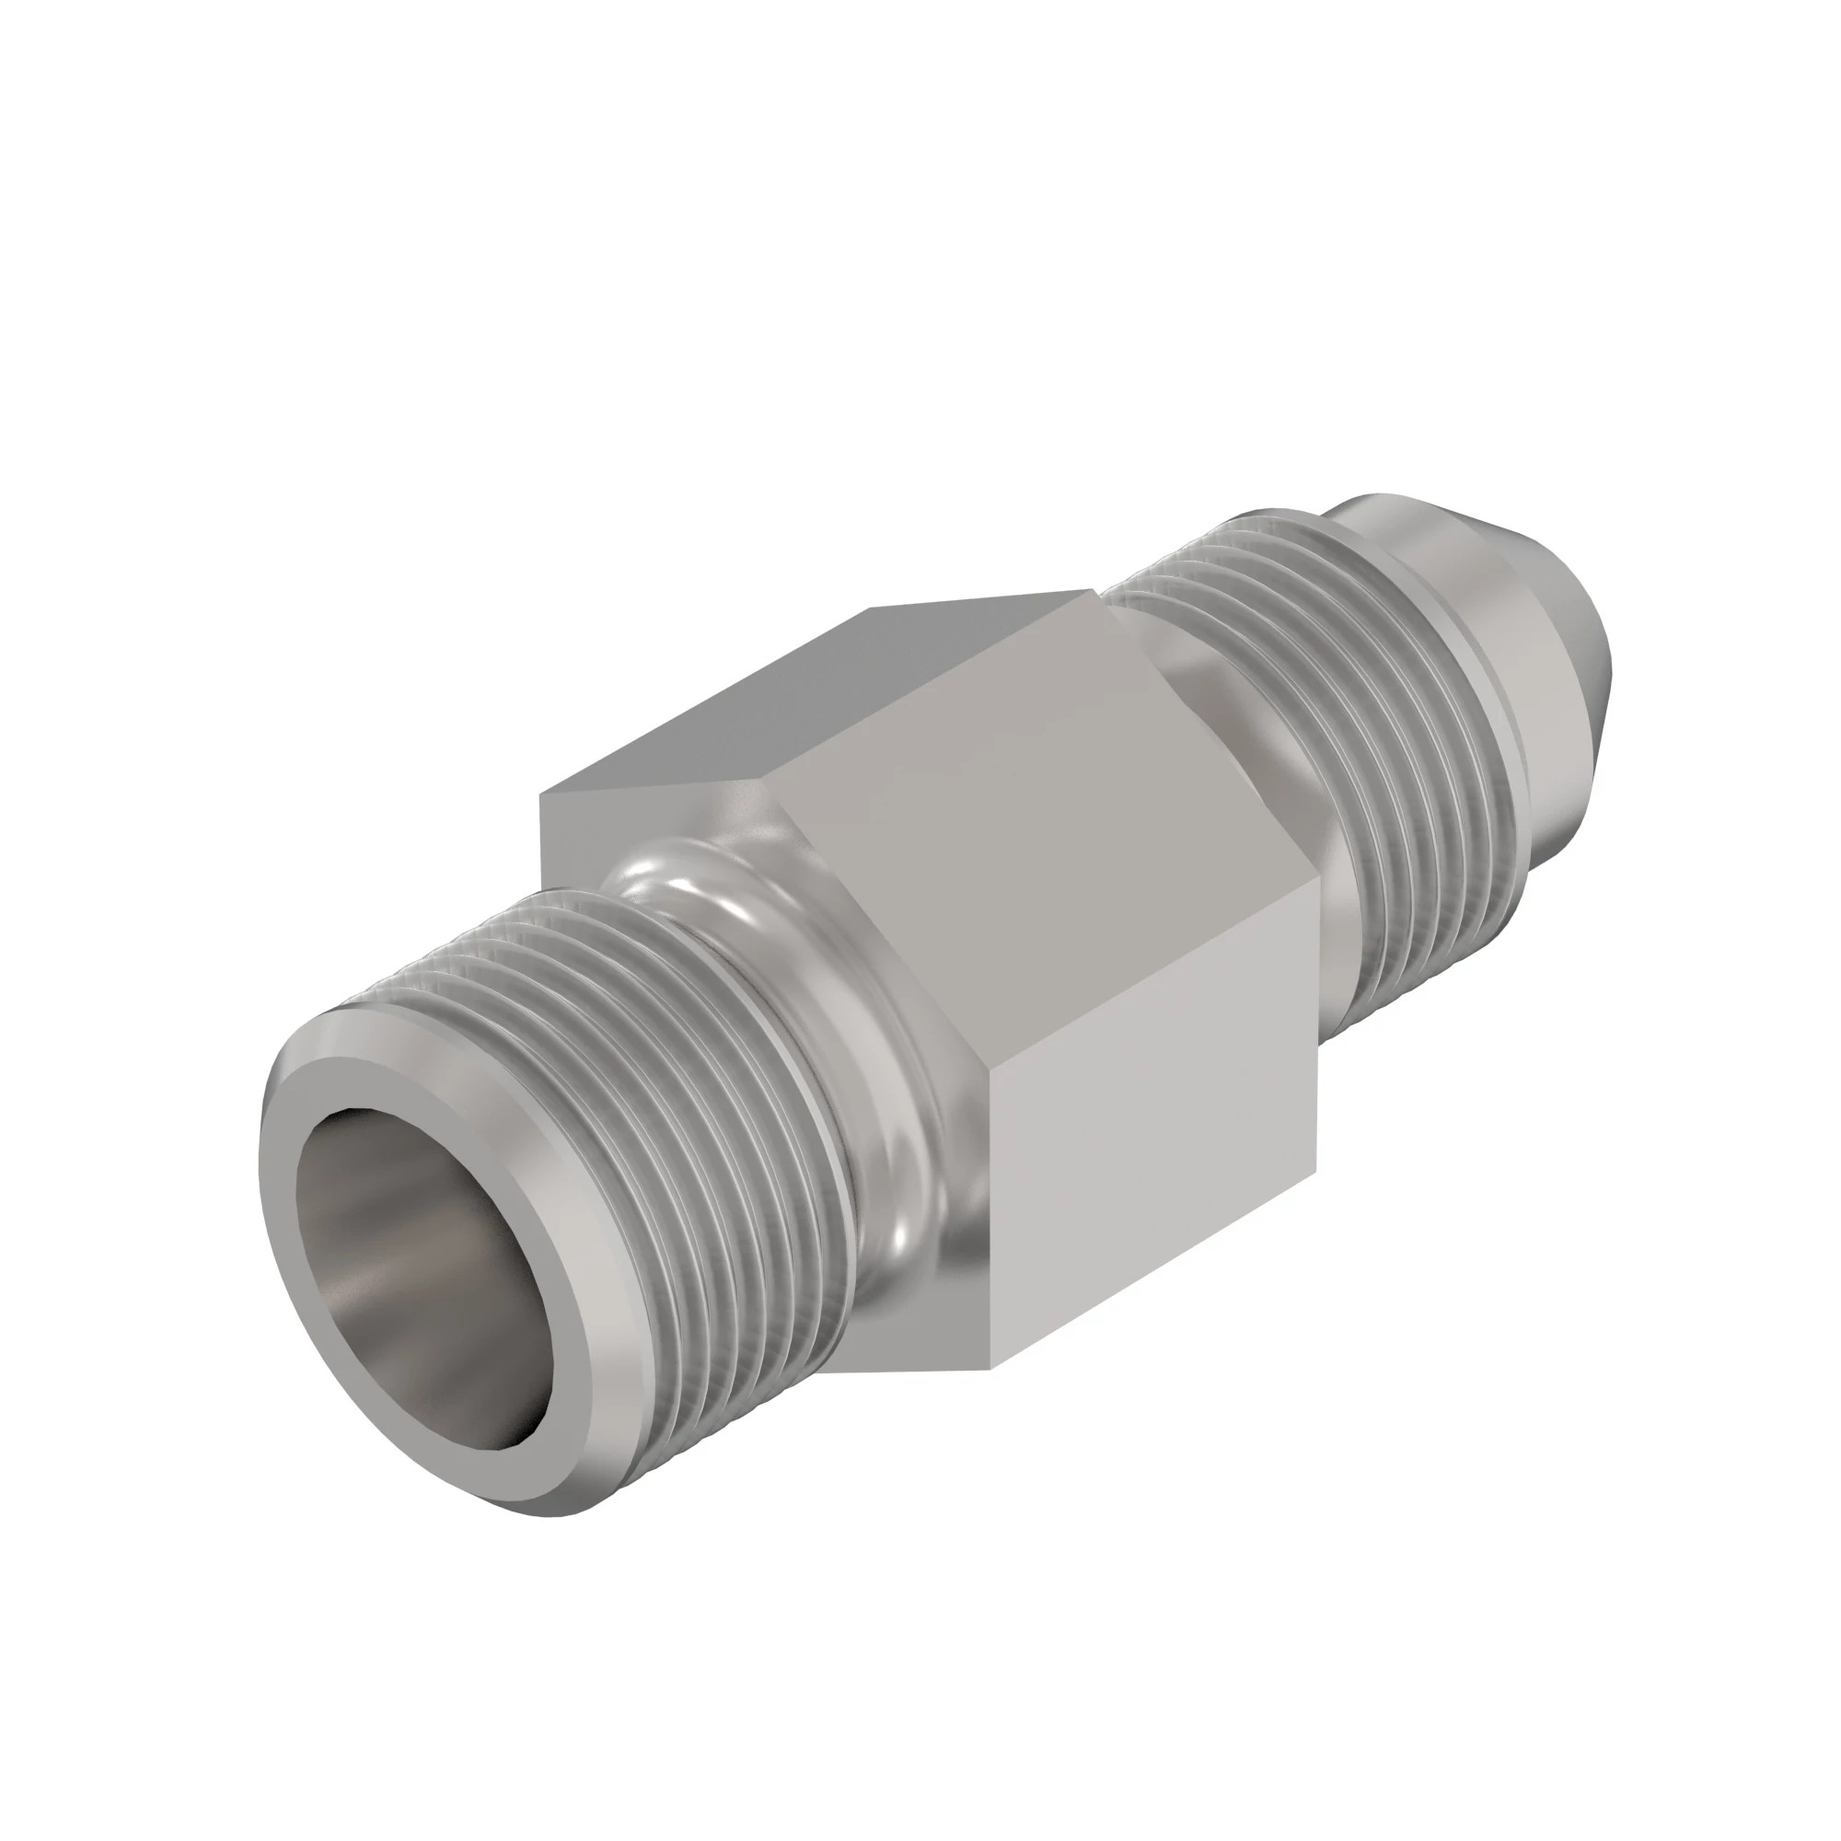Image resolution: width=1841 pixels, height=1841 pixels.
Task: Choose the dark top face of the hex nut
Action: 819,686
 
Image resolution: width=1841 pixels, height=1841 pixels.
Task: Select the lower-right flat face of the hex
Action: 1153,1191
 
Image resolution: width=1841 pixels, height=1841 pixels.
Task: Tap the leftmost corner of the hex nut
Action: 540,793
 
